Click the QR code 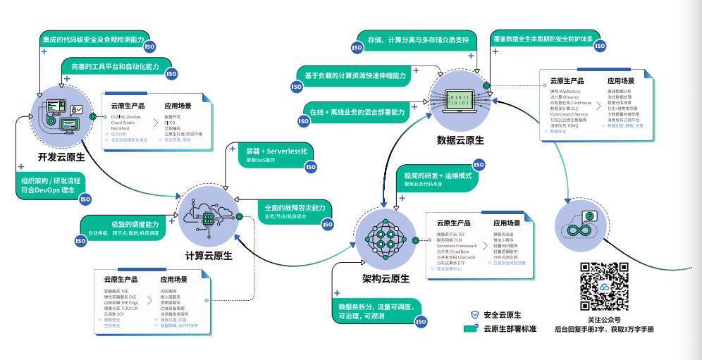tap(604, 287)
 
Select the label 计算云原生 tap(209, 255)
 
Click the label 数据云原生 tap(460, 139)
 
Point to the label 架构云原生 tap(386, 278)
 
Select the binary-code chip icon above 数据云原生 tap(460, 99)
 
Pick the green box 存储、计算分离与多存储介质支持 tap(414, 40)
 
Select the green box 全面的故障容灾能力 tap(295, 211)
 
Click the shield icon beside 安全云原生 tap(474, 315)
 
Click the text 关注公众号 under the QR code tap(605, 318)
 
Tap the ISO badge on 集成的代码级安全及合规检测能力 tap(149, 46)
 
